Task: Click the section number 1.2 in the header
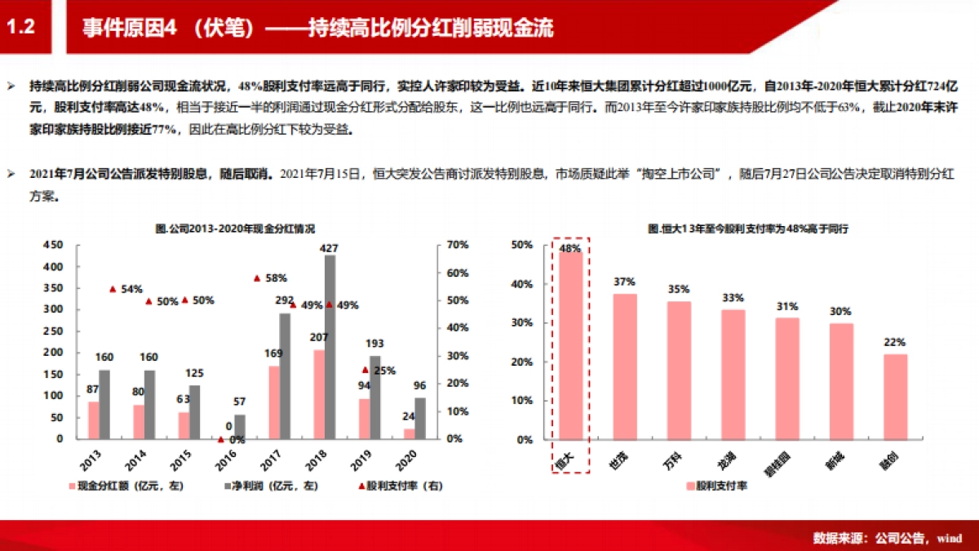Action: click(x=21, y=28)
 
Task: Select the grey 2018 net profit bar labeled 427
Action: click(x=330, y=347)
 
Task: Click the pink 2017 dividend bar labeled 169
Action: click(x=274, y=402)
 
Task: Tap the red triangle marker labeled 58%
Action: click(x=257, y=278)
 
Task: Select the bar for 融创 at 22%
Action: click(x=894, y=397)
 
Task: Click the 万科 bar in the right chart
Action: click(x=679, y=371)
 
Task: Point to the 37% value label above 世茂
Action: click(x=624, y=282)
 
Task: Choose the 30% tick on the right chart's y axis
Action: click(x=521, y=323)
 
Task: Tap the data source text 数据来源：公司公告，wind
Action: click(x=888, y=538)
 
